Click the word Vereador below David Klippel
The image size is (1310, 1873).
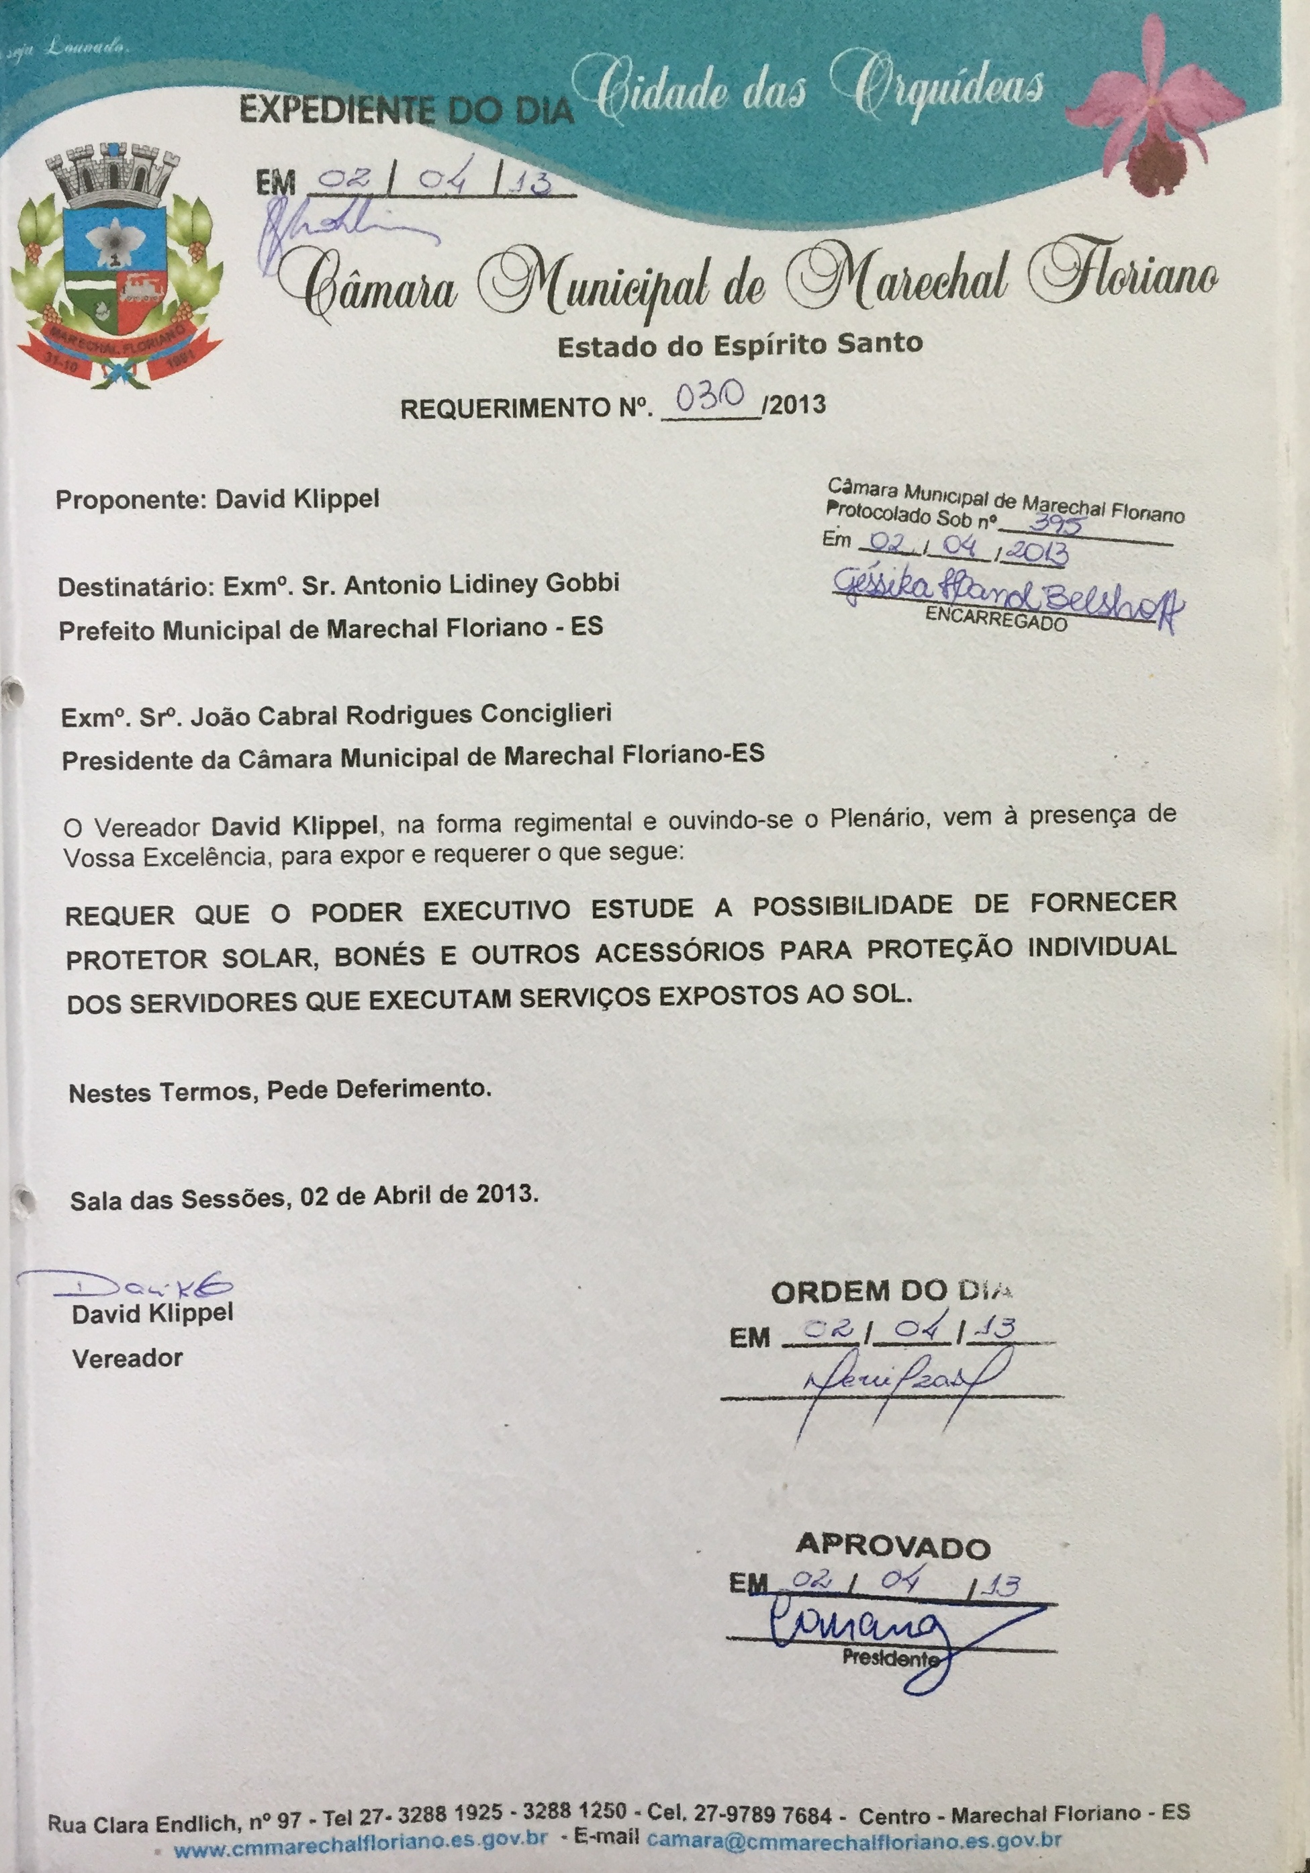pyautogui.click(x=128, y=1359)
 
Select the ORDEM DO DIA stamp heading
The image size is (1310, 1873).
pyautogui.click(x=892, y=1291)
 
